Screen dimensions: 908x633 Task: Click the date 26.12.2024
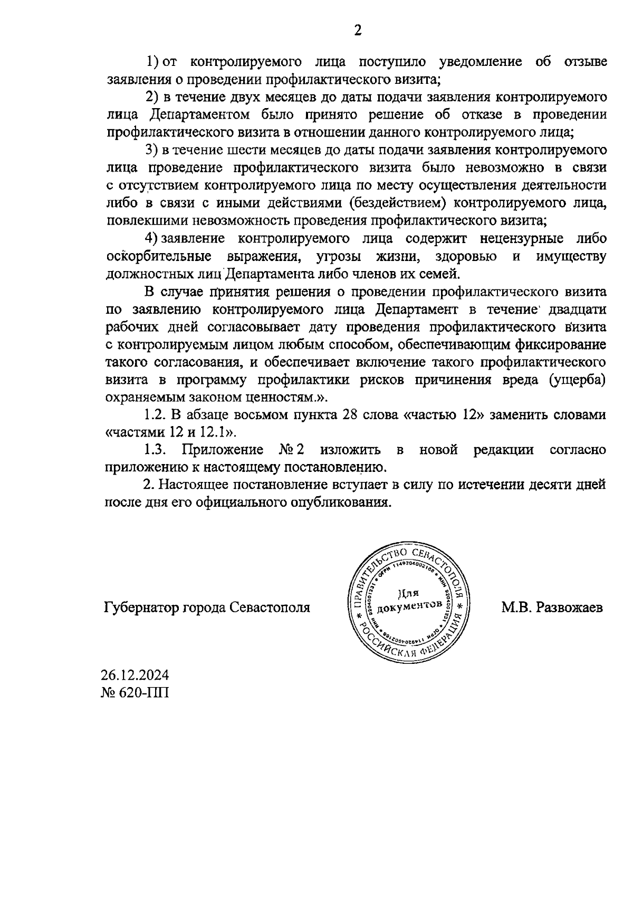(135, 675)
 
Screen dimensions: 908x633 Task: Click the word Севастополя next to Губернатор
(270, 607)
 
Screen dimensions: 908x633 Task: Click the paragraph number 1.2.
(156, 415)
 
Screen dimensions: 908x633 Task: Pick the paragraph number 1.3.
(156, 450)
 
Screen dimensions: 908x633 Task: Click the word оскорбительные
(159, 256)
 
